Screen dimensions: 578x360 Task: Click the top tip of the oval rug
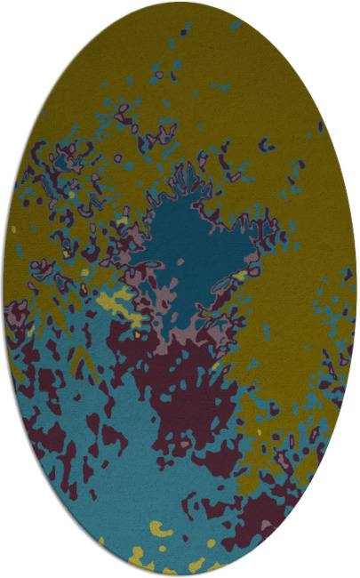coord(180,3)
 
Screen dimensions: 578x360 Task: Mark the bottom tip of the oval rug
coord(180,575)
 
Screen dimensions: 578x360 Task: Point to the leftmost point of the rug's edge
coord(3,289)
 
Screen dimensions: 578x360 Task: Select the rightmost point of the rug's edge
coord(356,289)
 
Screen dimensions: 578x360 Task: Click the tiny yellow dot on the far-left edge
coord(13,229)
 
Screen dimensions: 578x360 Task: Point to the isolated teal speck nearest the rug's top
coord(233,25)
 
